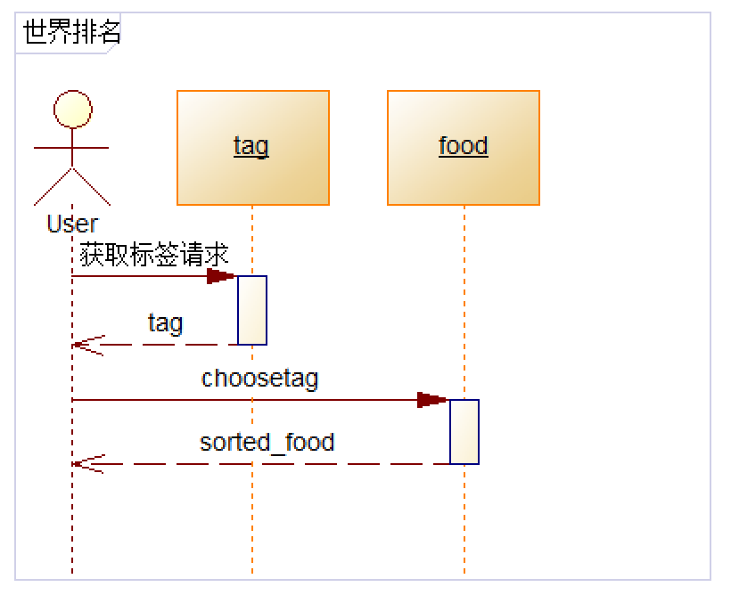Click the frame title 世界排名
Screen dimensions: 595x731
71,33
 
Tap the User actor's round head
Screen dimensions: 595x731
72,110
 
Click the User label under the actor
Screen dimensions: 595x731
72,224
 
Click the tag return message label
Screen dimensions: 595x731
166,322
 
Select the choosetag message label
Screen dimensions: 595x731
259,379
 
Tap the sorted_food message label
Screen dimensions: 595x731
267,442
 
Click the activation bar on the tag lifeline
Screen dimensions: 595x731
252,310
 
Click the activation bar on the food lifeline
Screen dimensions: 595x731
464,432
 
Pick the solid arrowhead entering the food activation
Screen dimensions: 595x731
433,400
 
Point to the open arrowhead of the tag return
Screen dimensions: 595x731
87,344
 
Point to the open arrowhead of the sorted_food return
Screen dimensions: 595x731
87,464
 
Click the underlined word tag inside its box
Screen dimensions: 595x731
251,145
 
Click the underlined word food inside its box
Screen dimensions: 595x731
464,145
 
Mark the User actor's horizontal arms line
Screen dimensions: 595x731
72,148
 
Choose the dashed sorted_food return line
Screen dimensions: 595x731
267,464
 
